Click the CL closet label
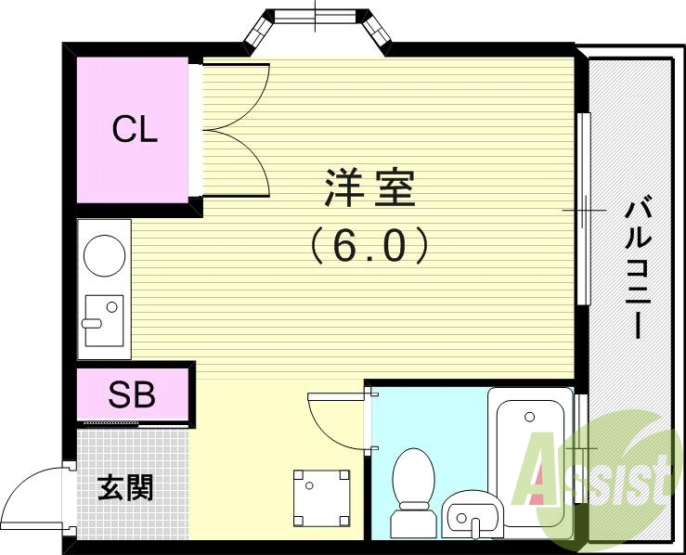tap(136, 130)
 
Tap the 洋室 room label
tap(369, 188)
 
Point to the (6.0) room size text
tap(369, 245)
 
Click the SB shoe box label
tap(132, 395)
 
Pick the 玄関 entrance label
tap(125, 487)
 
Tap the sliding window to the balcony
tap(584, 208)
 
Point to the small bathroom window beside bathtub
tap(581, 421)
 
